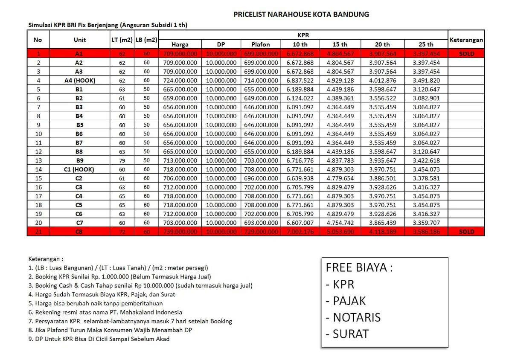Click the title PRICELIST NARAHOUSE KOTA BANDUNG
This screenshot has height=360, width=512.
(x=301, y=15)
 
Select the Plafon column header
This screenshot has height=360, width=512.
(x=261, y=44)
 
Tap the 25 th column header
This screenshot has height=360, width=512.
(x=426, y=44)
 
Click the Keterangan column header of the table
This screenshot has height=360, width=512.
(x=466, y=40)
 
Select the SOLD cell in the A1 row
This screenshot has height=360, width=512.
(x=466, y=54)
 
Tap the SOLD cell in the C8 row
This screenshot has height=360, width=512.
(x=466, y=232)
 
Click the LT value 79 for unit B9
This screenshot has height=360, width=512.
(x=122, y=160)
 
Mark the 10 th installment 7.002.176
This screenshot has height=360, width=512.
(x=300, y=232)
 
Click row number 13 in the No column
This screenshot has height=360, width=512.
(x=38, y=160)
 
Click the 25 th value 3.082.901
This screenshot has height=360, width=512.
(x=426, y=98)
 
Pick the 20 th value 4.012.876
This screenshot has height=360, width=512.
(x=382, y=81)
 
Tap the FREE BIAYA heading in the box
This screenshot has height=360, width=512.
(x=359, y=267)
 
